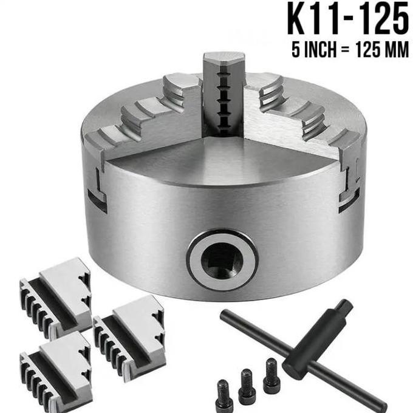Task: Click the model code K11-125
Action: [x=347, y=20]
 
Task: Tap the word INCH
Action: [x=319, y=50]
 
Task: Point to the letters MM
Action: [x=396, y=50]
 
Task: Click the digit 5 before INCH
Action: [x=296, y=50]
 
